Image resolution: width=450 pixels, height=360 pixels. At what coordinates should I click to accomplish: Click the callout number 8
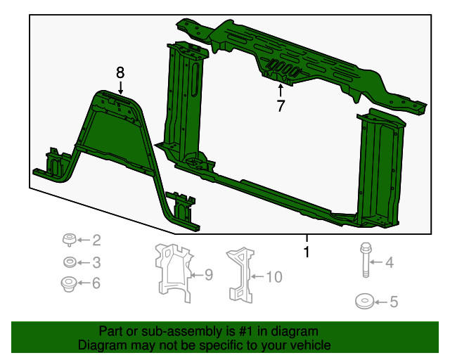(120, 72)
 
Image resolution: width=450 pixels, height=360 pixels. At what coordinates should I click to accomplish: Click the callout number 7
(281, 106)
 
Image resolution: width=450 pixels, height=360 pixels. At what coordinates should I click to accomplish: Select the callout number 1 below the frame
(306, 252)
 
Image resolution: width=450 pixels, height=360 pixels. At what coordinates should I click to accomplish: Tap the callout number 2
(96, 240)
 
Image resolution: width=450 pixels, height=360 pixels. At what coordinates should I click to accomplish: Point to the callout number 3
(96, 263)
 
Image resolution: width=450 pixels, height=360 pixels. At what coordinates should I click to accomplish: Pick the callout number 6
(96, 283)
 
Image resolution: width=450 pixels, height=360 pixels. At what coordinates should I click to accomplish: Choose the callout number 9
(207, 275)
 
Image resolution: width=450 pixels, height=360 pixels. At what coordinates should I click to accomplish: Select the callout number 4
(389, 263)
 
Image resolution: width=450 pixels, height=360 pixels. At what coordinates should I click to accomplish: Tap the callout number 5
(393, 302)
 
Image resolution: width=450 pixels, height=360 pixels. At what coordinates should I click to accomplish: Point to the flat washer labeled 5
(364, 302)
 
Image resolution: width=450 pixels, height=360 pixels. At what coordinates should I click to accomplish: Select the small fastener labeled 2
(70, 240)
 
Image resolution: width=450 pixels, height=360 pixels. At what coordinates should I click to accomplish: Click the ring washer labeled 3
(70, 263)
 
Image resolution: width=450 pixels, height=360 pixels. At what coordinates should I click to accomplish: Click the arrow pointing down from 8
(120, 87)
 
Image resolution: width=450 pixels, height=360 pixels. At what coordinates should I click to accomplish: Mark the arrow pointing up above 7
(281, 89)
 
